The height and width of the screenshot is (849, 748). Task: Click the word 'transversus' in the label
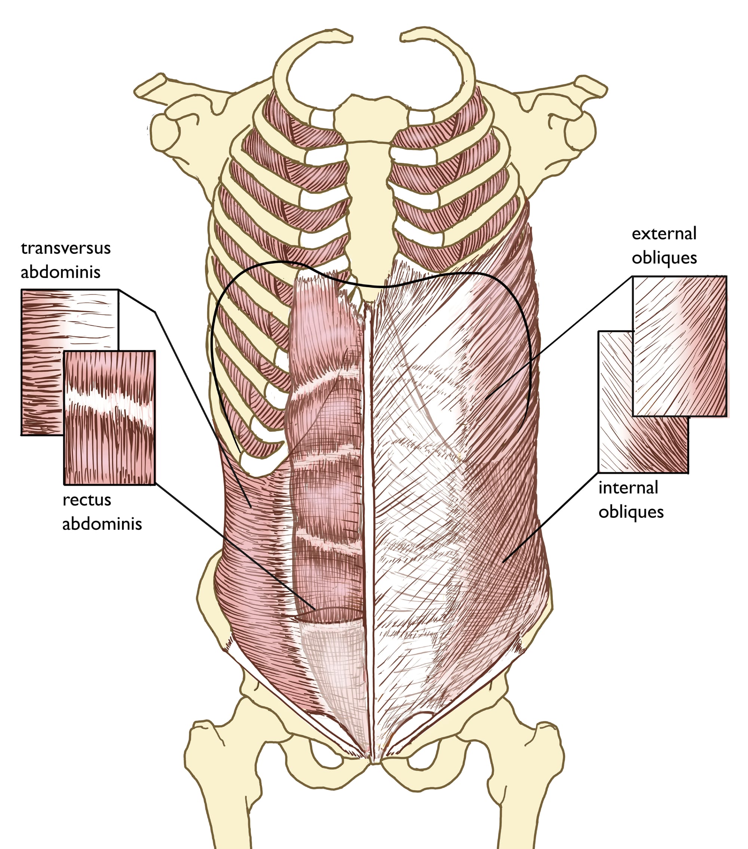click(x=65, y=248)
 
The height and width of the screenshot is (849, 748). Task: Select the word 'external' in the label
click(x=664, y=233)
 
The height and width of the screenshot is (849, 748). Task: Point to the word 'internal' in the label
click(x=628, y=488)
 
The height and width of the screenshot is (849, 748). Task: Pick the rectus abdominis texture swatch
click(x=110, y=418)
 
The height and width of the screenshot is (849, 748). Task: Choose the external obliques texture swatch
click(x=680, y=346)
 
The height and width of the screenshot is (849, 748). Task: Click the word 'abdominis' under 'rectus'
click(x=102, y=524)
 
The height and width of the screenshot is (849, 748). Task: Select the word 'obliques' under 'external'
click(x=664, y=258)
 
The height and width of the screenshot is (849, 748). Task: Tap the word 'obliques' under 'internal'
click(x=631, y=512)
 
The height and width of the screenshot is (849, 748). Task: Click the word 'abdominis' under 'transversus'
click(x=61, y=272)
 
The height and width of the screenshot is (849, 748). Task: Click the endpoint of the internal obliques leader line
click(x=503, y=562)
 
